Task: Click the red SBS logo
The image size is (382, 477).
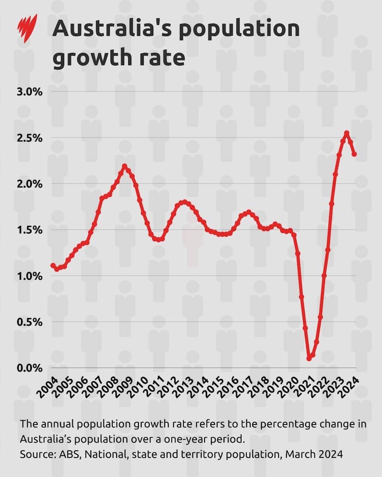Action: pyautogui.click(x=27, y=29)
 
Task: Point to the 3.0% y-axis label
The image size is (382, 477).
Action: pyautogui.click(x=29, y=92)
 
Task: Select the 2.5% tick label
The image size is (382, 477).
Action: pyautogui.click(x=29, y=138)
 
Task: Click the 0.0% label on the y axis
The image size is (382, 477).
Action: pyautogui.click(x=29, y=368)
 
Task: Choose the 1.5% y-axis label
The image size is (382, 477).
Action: pyautogui.click(x=29, y=230)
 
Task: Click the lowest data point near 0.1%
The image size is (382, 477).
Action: pyautogui.click(x=309, y=358)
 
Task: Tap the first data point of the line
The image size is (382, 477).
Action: pyautogui.click(x=53, y=266)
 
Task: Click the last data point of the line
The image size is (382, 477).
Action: pyautogui.click(x=354, y=154)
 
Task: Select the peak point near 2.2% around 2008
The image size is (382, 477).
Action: pyautogui.click(x=125, y=166)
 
